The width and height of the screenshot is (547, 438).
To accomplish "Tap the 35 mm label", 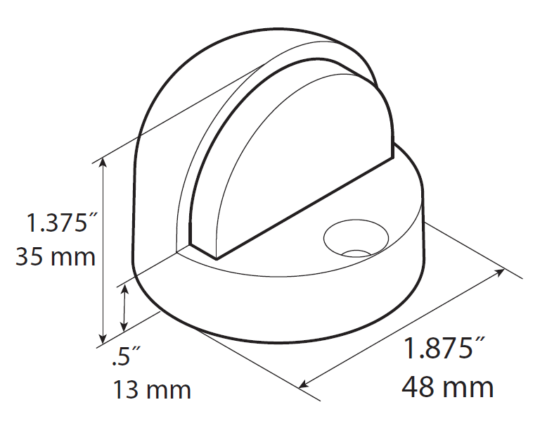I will click(55, 256).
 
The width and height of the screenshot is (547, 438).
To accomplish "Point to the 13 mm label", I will click(152, 389).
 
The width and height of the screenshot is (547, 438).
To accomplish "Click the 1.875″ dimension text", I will click(444, 350).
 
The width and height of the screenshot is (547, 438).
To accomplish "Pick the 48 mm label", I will click(447, 387).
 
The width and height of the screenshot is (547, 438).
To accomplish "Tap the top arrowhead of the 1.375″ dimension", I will click(103, 163).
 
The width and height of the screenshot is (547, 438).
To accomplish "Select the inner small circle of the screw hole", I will click(357, 251).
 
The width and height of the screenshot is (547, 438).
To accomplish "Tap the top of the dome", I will click(267, 39).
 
